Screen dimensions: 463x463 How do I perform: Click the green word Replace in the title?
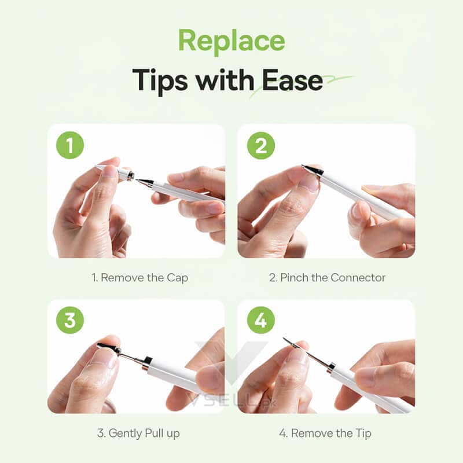click(231, 42)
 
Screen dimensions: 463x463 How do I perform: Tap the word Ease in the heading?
click(291, 80)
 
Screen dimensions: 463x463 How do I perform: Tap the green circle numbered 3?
click(70, 321)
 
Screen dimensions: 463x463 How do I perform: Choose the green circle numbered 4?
click(260, 321)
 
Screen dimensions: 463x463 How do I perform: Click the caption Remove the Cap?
click(139, 278)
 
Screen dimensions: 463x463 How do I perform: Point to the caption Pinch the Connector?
click(327, 278)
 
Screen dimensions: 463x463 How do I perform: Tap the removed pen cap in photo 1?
click(116, 171)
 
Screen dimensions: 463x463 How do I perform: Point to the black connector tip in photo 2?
click(313, 170)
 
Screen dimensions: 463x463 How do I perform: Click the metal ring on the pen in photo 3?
click(146, 363)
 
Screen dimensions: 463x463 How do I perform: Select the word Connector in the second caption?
click(358, 278)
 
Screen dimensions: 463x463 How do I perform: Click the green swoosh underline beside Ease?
click(336, 80)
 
